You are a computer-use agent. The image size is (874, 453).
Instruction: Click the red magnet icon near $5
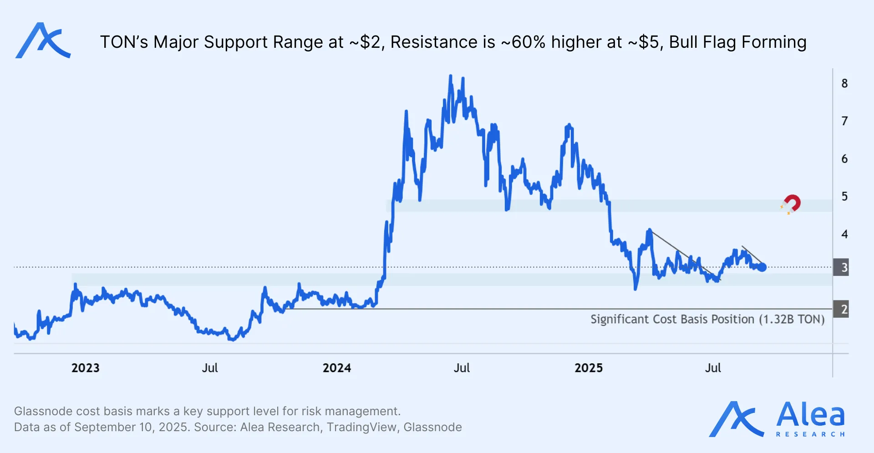(x=791, y=204)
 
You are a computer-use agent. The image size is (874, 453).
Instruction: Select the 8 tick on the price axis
(x=844, y=83)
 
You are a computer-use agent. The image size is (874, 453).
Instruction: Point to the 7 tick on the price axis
(x=844, y=121)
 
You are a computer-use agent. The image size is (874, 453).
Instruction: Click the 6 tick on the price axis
(x=844, y=159)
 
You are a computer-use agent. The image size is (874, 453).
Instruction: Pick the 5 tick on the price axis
(x=844, y=196)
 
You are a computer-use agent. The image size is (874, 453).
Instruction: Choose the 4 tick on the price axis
(x=844, y=234)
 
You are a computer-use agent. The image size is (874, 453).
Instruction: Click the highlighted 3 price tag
(x=841, y=267)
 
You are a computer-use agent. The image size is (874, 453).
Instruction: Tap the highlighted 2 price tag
(x=841, y=309)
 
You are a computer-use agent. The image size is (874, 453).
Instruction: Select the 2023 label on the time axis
(x=85, y=368)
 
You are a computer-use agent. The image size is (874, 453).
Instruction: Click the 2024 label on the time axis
(x=337, y=368)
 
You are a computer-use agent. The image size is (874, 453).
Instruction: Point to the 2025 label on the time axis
(x=588, y=368)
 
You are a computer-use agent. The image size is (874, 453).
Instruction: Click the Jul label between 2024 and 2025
(x=462, y=368)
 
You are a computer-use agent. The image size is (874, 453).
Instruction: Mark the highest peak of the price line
(x=451, y=76)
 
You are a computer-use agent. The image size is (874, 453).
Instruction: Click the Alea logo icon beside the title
(x=43, y=41)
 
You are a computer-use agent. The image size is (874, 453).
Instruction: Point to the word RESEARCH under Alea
(x=810, y=434)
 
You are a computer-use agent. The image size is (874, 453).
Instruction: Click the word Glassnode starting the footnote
(x=43, y=411)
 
